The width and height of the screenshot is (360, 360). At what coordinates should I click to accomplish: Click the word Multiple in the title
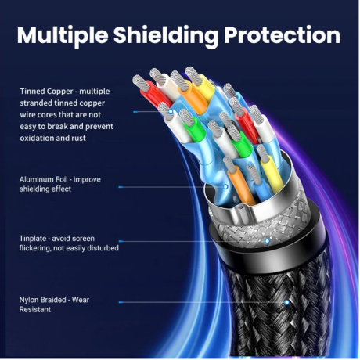click(x=63, y=35)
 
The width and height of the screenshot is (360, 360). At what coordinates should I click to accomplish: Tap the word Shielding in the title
click(x=166, y=35)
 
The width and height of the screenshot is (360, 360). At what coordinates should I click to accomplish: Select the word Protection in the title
click(x=283, y=34)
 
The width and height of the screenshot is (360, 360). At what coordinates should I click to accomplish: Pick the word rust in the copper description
click(x=78, y=139)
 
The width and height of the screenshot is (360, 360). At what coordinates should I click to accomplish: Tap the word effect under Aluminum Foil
click(x=62, y=189)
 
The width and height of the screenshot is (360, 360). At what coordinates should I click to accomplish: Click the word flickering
click(x=35, y=248)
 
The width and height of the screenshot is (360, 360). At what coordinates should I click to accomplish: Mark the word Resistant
click(x=35, y=310)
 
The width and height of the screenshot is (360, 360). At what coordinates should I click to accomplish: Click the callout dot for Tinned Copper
click(x=171, y=112)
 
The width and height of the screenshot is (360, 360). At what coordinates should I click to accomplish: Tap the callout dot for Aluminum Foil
click(x=225, y=187)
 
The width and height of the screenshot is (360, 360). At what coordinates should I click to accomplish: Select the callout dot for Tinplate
click(x=267, y=241)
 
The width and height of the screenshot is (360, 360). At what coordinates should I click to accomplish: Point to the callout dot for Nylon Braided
click(x=286, y=302)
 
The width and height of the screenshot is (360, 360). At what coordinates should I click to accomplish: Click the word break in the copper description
click(x=59, y=127)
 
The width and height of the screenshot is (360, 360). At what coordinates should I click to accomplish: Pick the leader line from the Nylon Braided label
click(x=203, y=302)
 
